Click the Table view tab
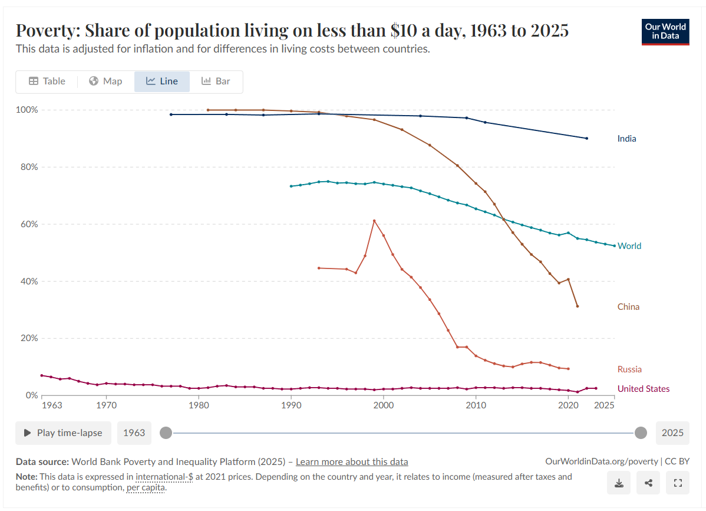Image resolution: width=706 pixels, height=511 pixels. click(x=47, y=81)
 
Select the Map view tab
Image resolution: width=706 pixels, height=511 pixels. click(x=105, y=81)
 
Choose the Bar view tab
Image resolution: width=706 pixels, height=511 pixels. click(x=216, y=81)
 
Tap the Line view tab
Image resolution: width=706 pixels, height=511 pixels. click(x=162, y=81)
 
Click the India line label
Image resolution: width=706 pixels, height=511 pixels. click(x=626, y=139)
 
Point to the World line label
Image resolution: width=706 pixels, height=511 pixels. click(x=629, y=246)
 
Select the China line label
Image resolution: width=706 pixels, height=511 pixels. click(x=628, y=307)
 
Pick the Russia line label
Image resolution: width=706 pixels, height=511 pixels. click(x=629, y=369)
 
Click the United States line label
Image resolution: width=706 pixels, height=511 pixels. click(x=644, y=389)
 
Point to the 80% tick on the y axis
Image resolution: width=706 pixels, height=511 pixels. click(x=27, y=167)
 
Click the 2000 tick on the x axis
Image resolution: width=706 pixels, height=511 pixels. click(x=383, y=406)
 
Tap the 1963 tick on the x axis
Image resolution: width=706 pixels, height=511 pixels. click(x=52, y=406)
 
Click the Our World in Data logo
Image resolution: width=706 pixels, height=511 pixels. click(x=665, y=32)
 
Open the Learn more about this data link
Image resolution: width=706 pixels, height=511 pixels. click(x=352, y=462)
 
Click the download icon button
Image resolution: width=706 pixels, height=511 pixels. click(x=619, y=483)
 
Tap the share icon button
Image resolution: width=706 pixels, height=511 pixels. click(x=648, y=483)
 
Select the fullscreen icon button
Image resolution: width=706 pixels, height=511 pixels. click(x=678, y=483)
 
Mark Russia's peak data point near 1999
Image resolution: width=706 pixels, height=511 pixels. click(x=374, y=221)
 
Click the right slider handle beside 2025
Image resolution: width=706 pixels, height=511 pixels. click(x=641, y=433)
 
